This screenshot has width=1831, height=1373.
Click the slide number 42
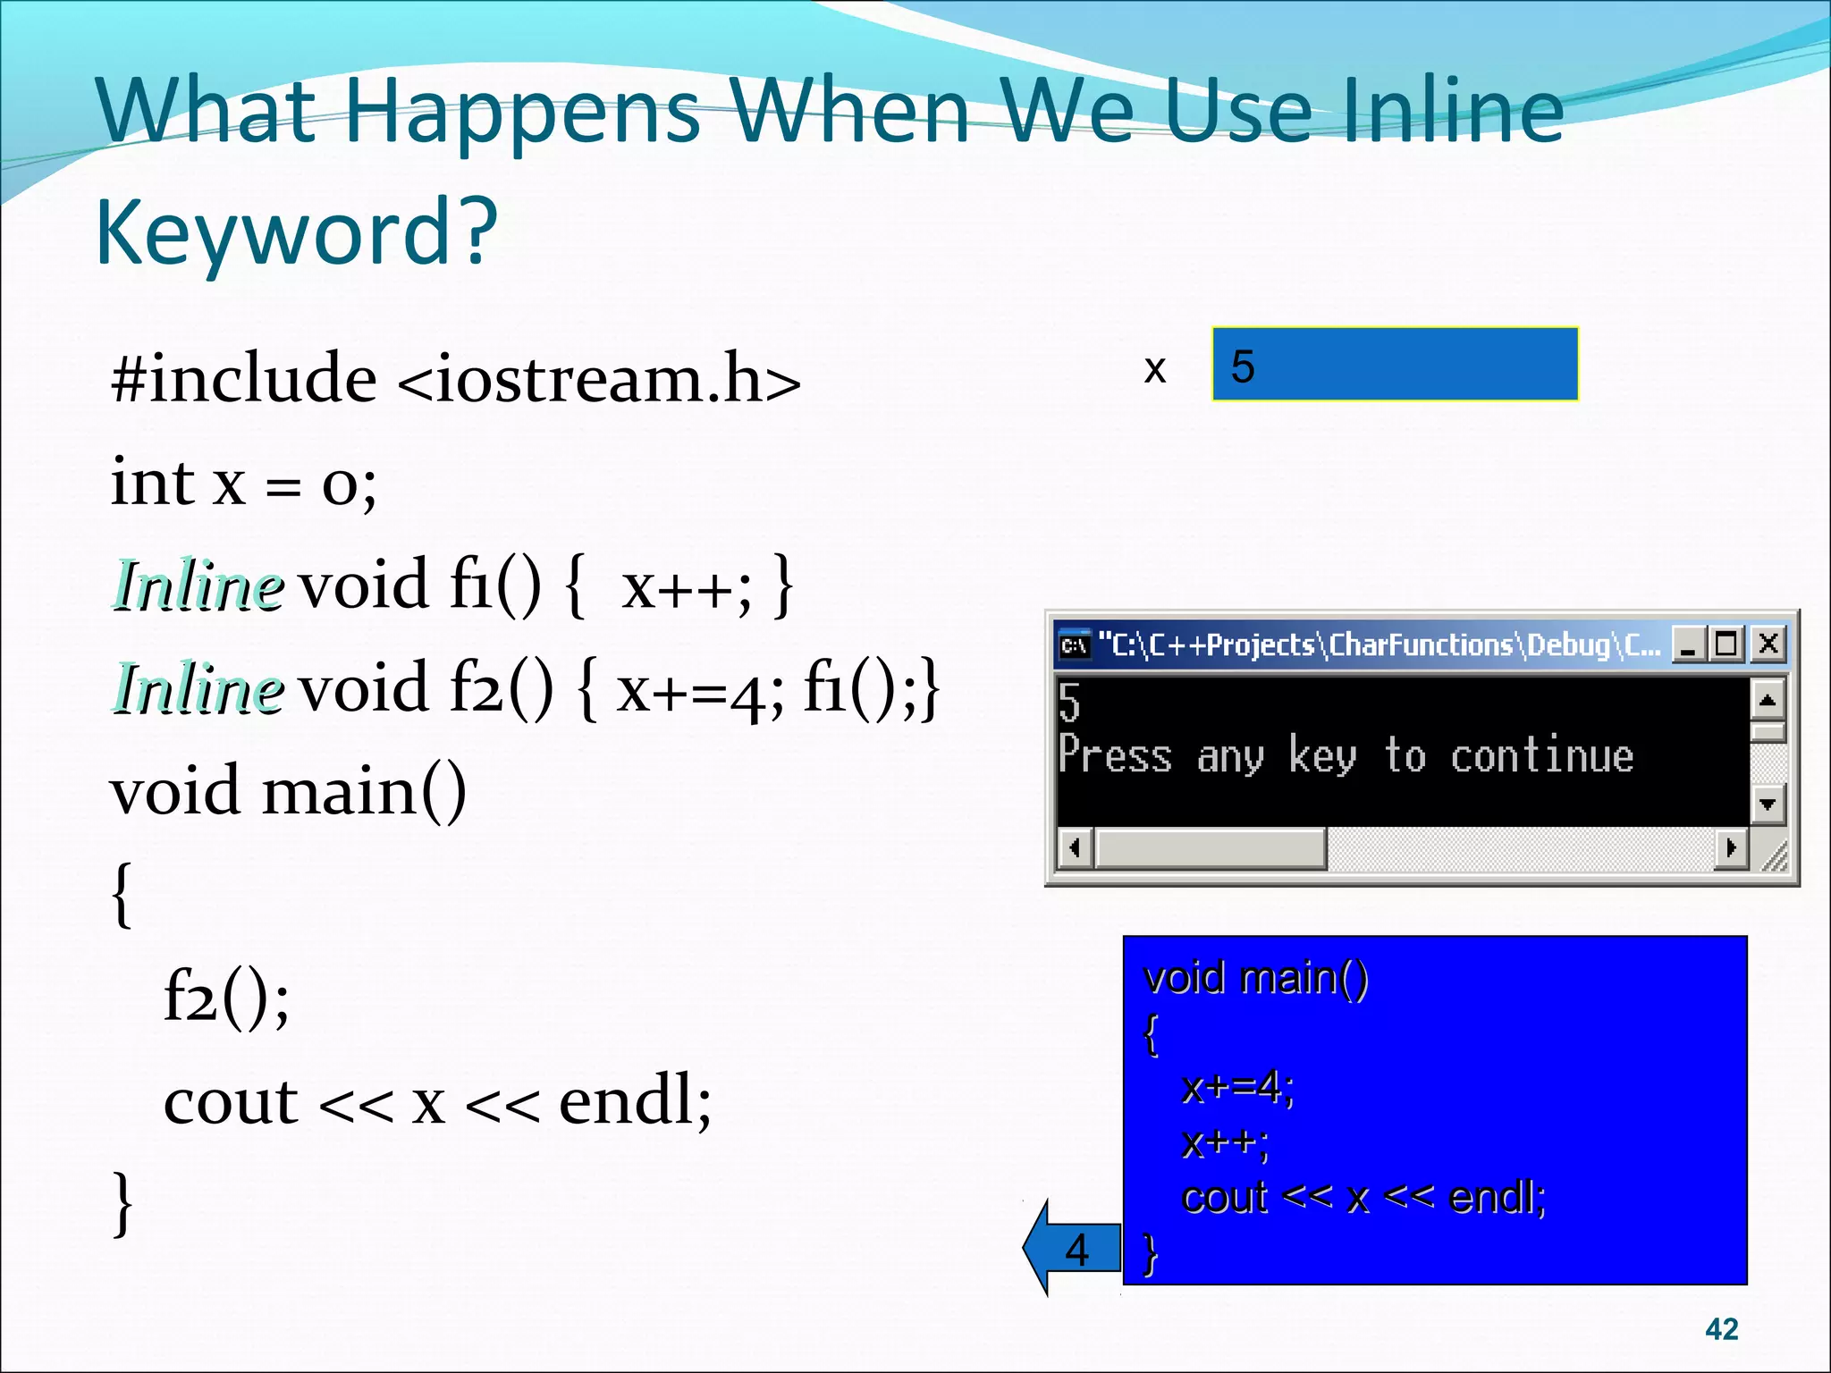click(x=1721, y=1329)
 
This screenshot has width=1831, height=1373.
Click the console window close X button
click(x=1768, y=644)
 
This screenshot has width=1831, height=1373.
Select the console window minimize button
click(x=1688, y=644)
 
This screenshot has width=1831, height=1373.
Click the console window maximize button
click(x=1727, y=644)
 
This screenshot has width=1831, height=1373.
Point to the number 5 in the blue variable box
click(x=1243, y=366)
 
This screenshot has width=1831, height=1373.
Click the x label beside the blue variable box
click(x=1154, y=368)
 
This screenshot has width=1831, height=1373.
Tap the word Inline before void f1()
click(x=198, y=586)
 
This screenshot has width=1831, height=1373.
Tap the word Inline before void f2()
click(x=198, y=689)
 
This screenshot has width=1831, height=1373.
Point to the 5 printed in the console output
click(x=1069, y=703)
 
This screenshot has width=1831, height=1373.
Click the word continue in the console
click(x=1541, y=756)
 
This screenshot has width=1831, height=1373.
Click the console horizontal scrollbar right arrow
click(x=1731, y=847)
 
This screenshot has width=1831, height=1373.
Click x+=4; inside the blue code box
click(x=1237, y=1088)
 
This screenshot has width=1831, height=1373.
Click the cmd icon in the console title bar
click(x=1074, y=644)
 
